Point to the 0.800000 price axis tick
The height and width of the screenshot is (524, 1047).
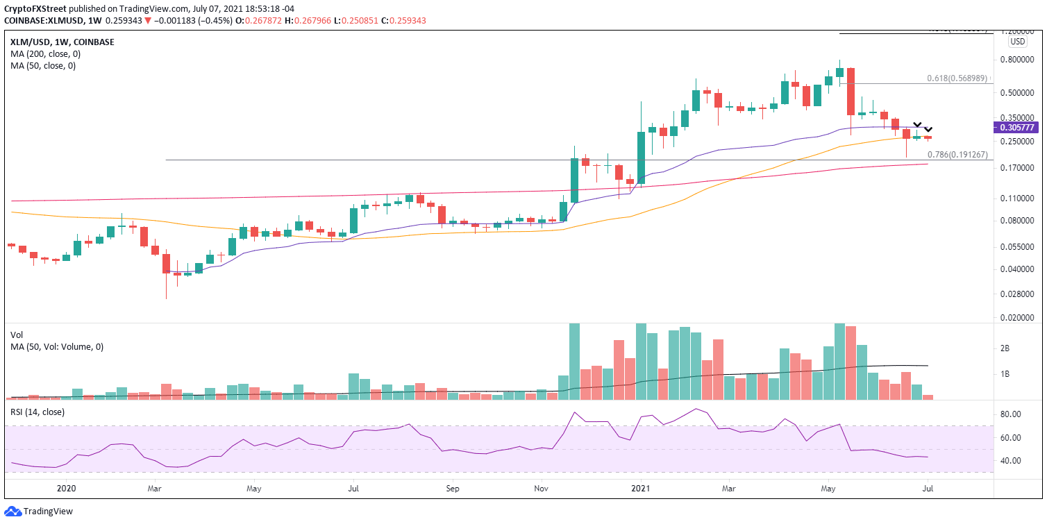[x=1021, y=60]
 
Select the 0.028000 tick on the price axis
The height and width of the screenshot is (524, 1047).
[x=1021, y=294]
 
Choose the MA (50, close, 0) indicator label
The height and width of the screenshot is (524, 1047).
[x=41, y=66]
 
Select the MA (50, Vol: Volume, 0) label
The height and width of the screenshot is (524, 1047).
[x=57, y=346]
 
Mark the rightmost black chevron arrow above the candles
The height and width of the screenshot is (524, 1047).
[x=928, y=130]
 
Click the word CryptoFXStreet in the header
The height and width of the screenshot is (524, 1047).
[x=38, y=7]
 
